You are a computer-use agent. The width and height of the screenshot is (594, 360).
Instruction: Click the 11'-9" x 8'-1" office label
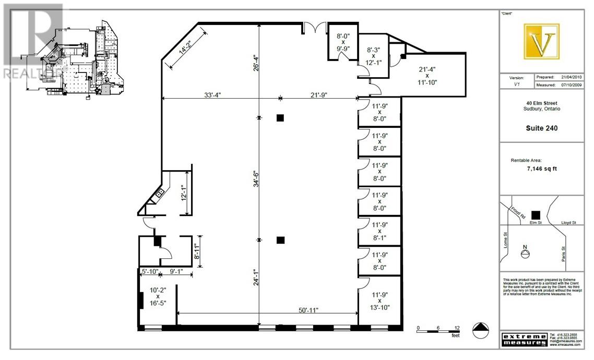(379, 230)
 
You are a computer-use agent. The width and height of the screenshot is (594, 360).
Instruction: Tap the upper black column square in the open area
(280, 118)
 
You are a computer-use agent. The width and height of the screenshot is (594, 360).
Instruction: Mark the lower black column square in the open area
(280, 240)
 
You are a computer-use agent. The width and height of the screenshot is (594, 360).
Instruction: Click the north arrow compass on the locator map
(526, 253)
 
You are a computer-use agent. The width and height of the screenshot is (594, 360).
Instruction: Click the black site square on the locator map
(534, 214)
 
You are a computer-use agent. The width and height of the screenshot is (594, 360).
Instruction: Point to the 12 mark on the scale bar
(457, 328)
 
